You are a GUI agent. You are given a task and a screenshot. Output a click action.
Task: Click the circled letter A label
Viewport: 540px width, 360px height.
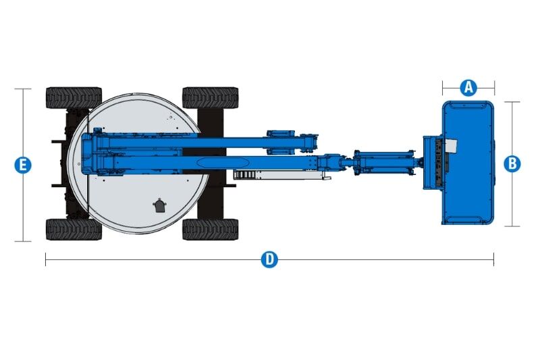pyautogui.click(x=468, y=88)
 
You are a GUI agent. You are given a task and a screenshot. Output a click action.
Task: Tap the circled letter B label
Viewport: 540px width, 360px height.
pyautogui.click(x=512, y=163)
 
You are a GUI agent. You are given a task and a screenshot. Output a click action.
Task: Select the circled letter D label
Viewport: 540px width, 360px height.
pyautogui.click(x=269, y=259)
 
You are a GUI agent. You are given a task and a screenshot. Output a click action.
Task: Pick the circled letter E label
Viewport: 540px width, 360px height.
pyautogui.click(x=23, y=165)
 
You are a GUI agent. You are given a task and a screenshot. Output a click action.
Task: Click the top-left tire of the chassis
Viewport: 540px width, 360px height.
pyautogui.click(x=74, y=97)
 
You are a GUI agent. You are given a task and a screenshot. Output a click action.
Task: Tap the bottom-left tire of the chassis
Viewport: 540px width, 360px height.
pyautogui.click(x=74, y=229)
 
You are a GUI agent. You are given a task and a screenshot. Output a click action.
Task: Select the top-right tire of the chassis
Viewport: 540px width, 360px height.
pyautogui.click(x=210, y=97)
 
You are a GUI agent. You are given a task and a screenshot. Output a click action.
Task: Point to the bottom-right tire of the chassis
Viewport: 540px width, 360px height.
pyautogui.click(x=210, y=229)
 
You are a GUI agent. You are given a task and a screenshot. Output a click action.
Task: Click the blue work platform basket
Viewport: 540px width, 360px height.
pyautogui.click(x=468, y=163)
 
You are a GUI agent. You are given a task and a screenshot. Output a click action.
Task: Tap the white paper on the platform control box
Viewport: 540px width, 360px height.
pyautogui.click(x=451, y=147)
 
